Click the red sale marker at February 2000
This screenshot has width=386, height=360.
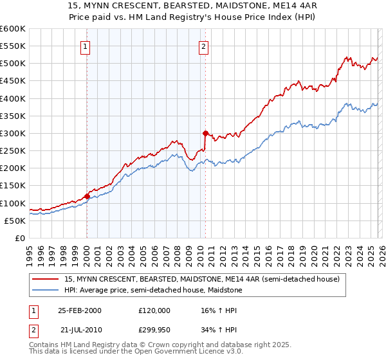87,196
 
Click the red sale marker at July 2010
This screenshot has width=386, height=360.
205,133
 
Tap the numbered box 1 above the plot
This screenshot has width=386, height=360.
86,46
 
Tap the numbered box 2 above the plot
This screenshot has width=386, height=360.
203,46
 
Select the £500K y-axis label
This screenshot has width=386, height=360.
12,63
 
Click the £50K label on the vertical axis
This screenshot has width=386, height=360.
15,221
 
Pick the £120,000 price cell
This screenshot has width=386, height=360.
154,310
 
